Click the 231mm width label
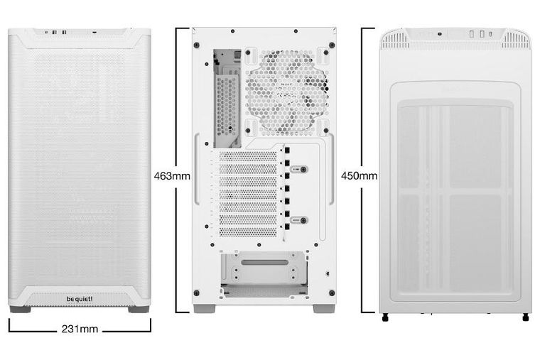coord(80,329)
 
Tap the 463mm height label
coord(171,175)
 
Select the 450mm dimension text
coord(359,175)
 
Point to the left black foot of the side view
coord(386,317)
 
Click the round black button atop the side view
coord(441,33)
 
